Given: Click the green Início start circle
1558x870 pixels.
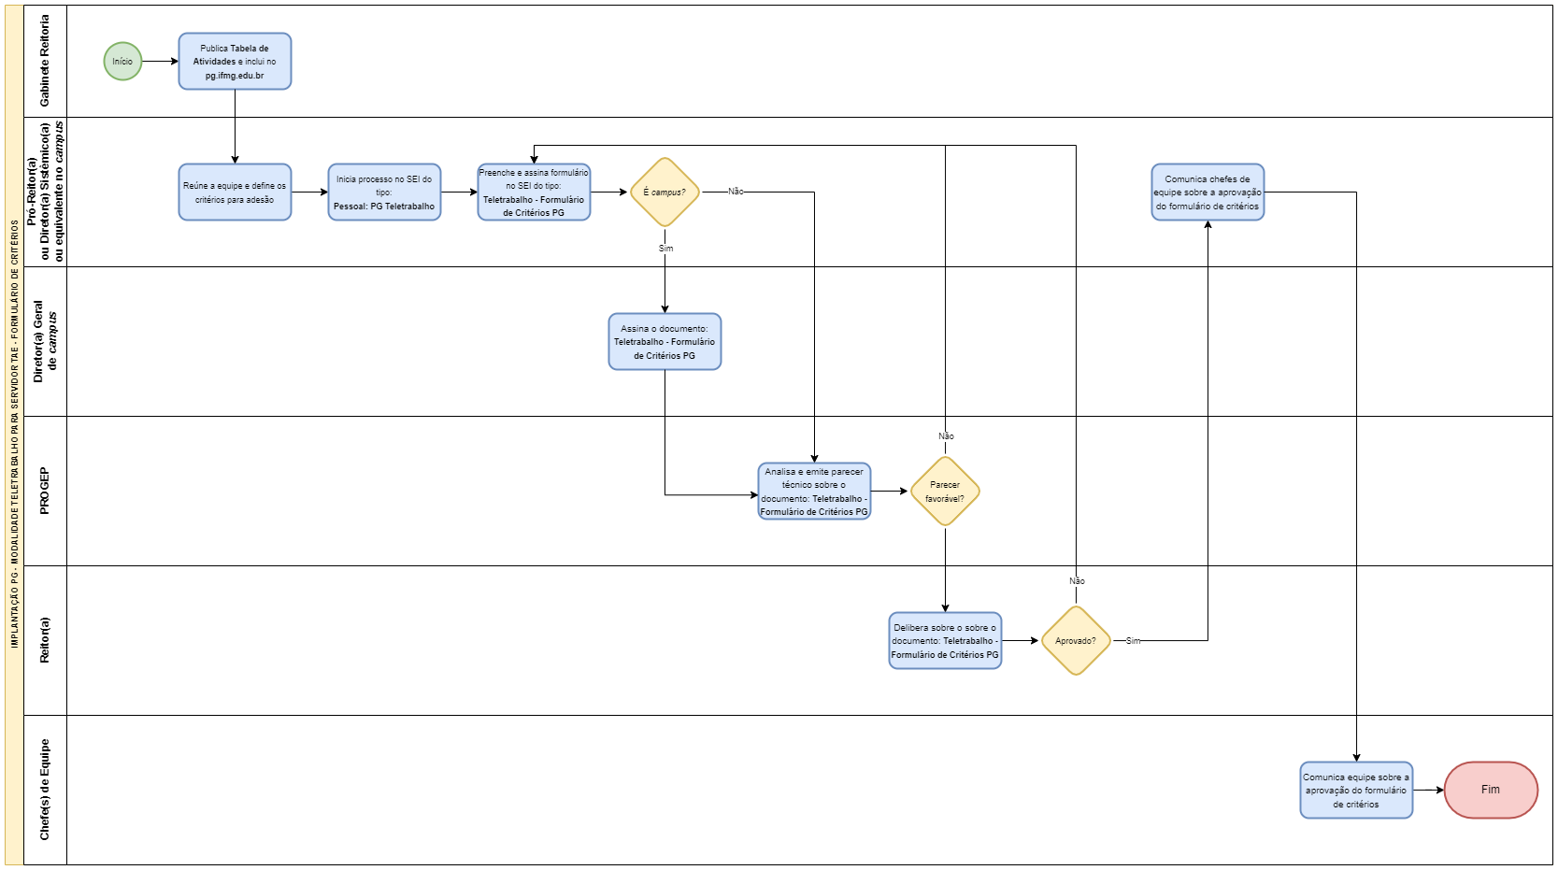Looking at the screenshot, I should (122, 62).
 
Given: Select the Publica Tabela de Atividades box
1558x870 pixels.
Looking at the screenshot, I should (235, 62).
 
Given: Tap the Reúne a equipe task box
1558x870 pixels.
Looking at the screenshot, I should (235, 193).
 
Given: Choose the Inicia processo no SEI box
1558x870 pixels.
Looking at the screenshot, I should (384, 193).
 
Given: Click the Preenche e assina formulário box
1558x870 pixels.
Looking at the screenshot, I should (534, 193).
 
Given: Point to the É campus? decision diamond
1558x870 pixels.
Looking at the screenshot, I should (665, 193).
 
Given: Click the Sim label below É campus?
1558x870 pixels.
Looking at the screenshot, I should (665, 250).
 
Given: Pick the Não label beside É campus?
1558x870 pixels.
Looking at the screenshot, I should (736, 192).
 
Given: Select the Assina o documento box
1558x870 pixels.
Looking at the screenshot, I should (665, 342).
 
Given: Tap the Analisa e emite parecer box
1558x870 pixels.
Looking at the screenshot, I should (814, 492).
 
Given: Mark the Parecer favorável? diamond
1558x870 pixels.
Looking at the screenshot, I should (945, 492).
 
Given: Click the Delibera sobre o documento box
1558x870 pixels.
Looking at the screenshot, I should (945, 641).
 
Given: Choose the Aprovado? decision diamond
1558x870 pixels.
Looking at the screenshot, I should (1076, 641).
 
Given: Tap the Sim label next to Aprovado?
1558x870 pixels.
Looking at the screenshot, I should (1133, 641).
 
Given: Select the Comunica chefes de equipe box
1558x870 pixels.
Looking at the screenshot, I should (1208, 193).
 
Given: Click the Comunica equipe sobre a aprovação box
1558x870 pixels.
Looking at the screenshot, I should (1356, 791).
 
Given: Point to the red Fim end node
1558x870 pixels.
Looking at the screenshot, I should (1491, 791).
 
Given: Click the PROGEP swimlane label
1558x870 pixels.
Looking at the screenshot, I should (44, 491).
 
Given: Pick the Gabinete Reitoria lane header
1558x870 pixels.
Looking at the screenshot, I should (44, 61).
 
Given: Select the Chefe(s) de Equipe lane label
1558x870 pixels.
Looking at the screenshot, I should (44, 790).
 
